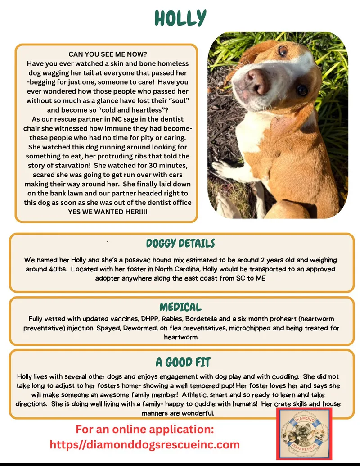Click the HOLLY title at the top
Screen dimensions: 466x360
click(180, 18)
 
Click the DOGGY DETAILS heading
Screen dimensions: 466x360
click(180, 244)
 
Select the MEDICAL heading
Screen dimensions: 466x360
click(180, 307)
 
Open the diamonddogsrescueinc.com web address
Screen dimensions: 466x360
click(144, 445)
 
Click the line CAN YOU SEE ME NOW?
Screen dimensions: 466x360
click(106, 54)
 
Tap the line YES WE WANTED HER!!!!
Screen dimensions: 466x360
click(107, 212)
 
